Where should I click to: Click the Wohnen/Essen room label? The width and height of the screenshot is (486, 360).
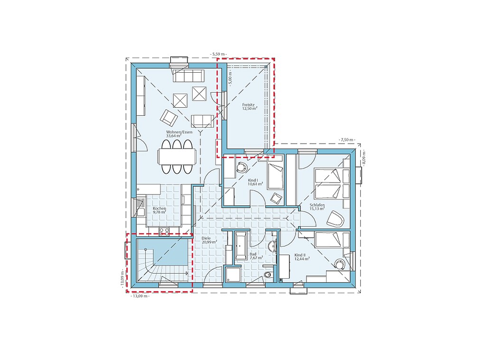pyautogui.click(x=179, y=134)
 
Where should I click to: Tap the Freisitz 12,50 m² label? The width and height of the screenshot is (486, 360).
pyautogui.click(x=250, y=107)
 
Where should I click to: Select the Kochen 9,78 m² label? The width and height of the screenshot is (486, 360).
pyautogui.click(x=159, y=210)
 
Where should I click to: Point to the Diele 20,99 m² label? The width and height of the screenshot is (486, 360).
pyautogui.click(x=209, y=240)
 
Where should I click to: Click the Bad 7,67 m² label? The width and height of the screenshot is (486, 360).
pyautogui.click(x=256, y=256)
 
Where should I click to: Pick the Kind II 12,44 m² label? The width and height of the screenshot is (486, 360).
pyautogui.click(x=302, y=256)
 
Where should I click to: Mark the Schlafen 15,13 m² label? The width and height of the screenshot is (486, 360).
pyautogui.click(x=317, y=207)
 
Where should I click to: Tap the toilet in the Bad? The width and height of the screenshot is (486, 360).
pyautogui.click(x=269, y=275)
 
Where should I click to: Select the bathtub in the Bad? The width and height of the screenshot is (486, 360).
pyautogui.click(x=241, y=245)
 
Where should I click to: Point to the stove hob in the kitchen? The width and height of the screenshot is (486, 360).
pyautogui.click(x=164, y=231)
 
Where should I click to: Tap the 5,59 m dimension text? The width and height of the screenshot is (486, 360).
pyautogui.click(x=218, y=54)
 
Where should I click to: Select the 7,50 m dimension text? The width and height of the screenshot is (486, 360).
pyautogui.click(x=347, y=140)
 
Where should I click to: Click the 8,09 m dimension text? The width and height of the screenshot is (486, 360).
pyautogui.click(x=364, y=158)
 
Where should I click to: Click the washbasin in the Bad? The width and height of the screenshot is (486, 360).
pyautogui.click(x=272, y=246)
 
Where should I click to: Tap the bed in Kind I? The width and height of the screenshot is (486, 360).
pyautogui.click(x=275, y=176)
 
